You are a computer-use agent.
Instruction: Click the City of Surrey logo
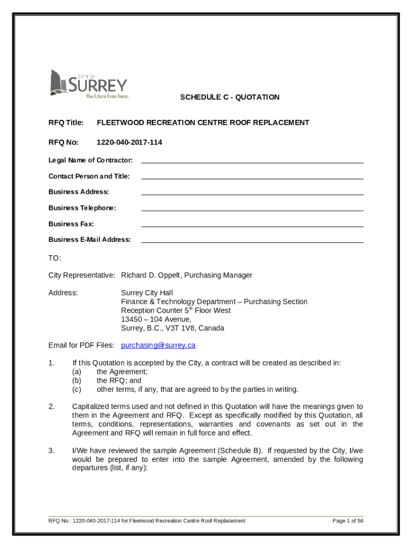pos(88,85)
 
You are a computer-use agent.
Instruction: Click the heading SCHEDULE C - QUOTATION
pos(230,97)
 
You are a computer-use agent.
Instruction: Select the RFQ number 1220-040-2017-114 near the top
pos(129,142)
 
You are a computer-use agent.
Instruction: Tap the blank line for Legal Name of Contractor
pos(252,160)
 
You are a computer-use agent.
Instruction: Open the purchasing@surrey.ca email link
pos(158,345)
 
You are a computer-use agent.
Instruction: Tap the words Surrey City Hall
pos(147,293)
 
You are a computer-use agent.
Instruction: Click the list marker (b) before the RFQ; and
pos(77,380)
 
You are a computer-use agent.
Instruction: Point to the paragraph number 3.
pos(51,451)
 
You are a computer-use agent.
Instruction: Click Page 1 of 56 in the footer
pos(348,521)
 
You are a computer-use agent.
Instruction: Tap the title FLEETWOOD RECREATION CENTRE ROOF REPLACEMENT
pos(203,123)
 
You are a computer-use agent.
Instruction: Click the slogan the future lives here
pos(108,97)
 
